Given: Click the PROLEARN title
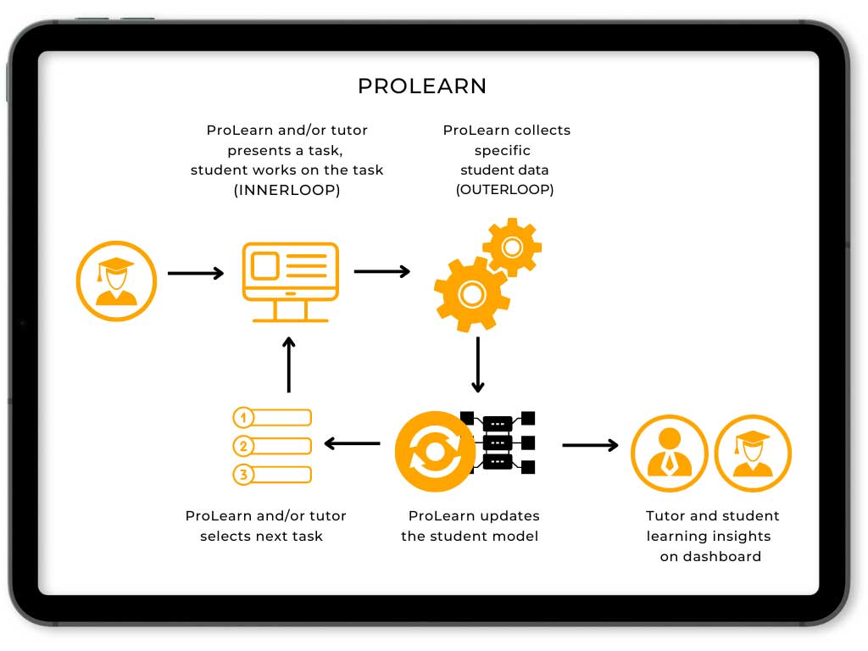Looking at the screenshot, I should coord(422,86).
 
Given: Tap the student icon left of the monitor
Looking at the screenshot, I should coord(116,281).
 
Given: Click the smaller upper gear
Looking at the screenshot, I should coord(512,247).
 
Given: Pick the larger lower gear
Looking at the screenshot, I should coord(471,294).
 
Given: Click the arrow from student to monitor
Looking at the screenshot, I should coord(196,273).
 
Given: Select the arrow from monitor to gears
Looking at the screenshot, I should coord(381,271).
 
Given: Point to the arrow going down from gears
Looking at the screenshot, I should coord(478,364).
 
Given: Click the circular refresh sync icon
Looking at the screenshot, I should coord(435,451).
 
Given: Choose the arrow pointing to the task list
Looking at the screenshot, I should coord(353,443).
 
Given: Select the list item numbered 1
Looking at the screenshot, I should coord(272,418).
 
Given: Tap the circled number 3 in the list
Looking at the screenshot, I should coord(243,475).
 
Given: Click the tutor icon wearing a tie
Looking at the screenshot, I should coord(670,453).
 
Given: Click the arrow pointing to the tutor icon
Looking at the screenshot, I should coord(590,445).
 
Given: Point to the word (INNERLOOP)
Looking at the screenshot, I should coord(287,190).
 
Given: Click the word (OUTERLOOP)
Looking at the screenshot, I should coord(505,190).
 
